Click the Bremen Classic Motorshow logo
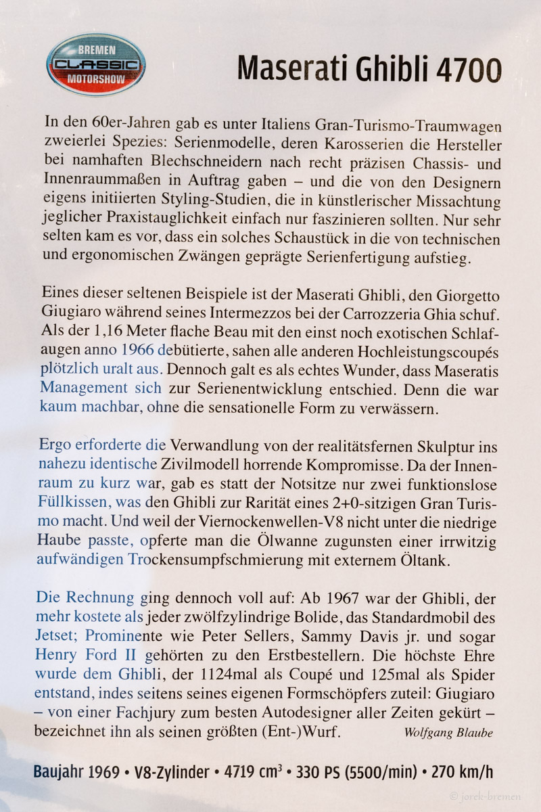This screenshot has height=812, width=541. point(95,65)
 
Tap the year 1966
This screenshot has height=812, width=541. point(139,351)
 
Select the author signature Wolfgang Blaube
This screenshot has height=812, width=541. point(448,733)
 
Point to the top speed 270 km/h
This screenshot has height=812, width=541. point(465,772)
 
